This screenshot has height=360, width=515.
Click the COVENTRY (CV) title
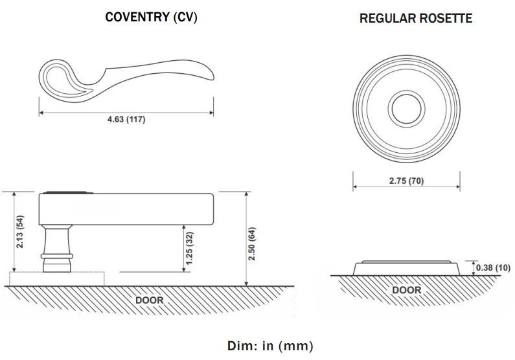151,17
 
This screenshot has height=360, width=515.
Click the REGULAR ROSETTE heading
415,19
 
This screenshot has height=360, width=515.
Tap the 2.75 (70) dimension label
406,181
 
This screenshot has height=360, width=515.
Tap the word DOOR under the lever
149,300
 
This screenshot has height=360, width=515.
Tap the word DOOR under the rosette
406,290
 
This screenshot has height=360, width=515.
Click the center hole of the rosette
406,106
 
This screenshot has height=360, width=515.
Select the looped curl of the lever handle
58,78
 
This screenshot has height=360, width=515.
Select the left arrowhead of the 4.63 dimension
41,113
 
